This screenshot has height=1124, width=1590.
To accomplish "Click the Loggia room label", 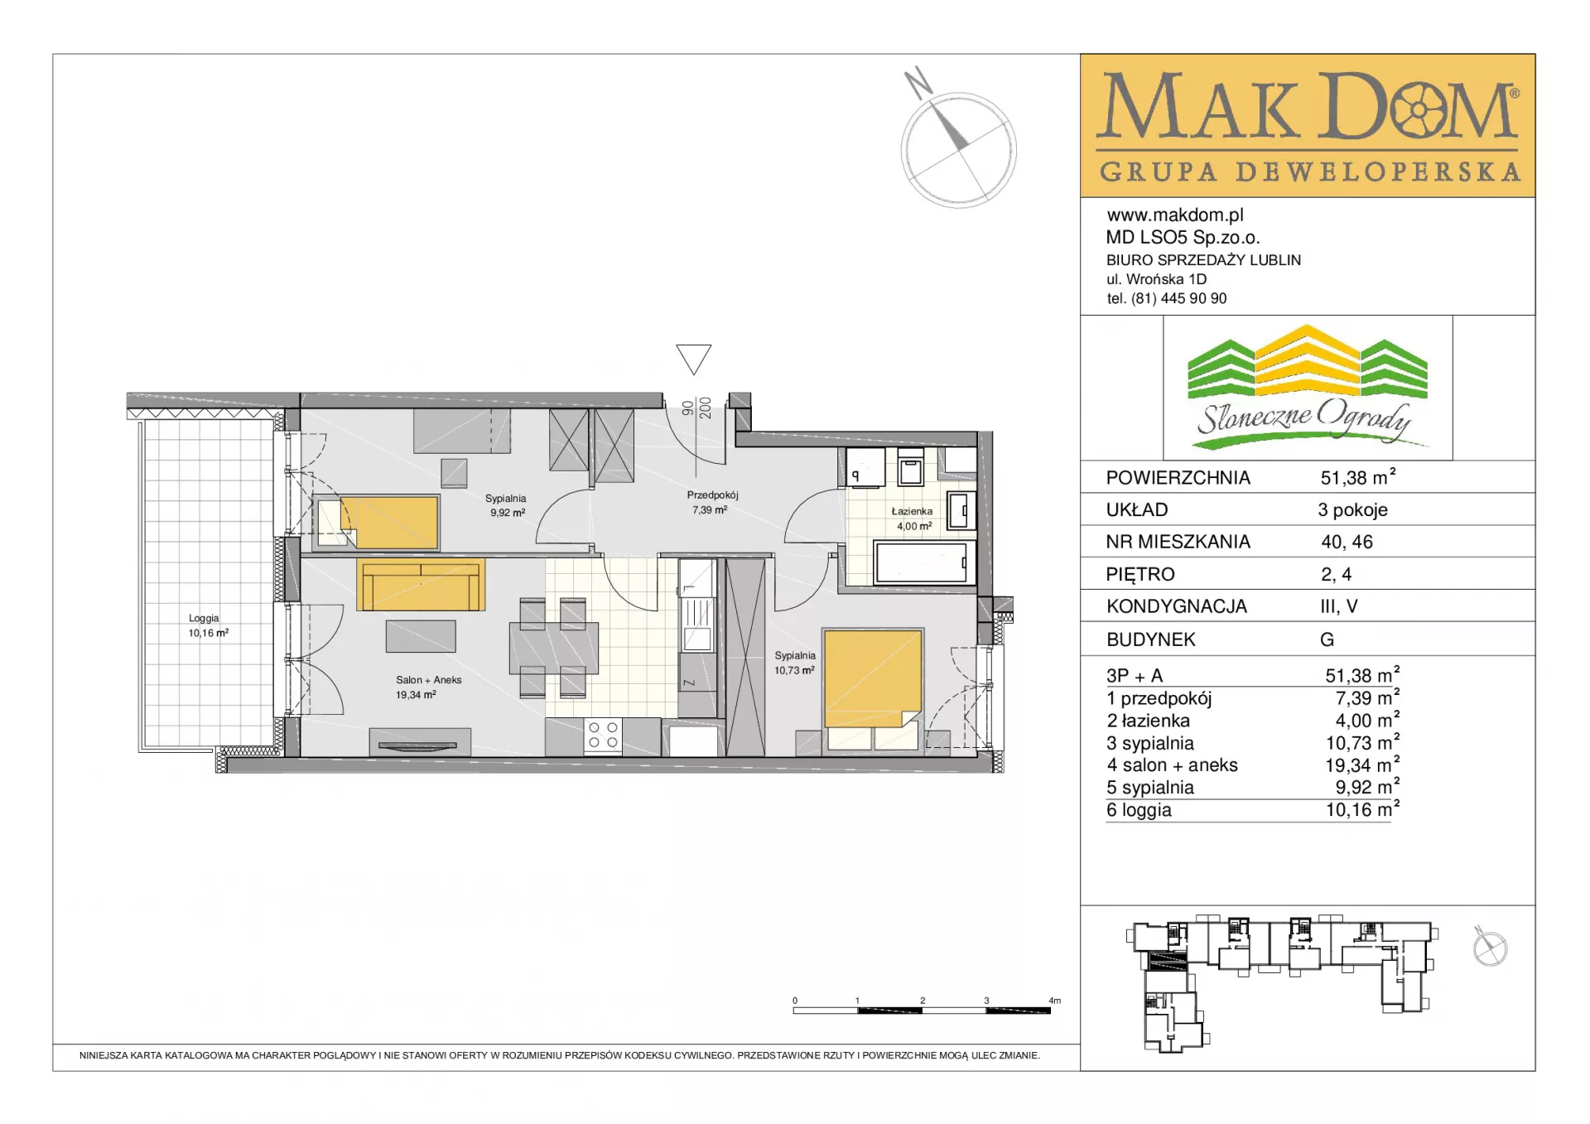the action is coord(204,618).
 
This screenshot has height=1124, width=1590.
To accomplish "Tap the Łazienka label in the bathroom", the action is coord(912,511).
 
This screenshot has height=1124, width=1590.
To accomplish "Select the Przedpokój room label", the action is coord(712,495).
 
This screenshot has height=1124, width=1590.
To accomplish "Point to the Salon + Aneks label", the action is coord(428,680).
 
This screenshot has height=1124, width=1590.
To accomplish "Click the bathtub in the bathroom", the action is coord(922,562).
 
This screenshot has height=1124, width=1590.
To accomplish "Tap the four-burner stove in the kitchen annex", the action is coord(602,736).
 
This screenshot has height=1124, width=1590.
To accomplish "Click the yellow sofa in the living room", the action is coord(421,585).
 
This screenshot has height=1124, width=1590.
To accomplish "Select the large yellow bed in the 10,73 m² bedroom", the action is coord(873,679).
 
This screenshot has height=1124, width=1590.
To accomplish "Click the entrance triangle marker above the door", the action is coord(694,359).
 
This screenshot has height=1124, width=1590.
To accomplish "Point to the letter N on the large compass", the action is coord(918,82).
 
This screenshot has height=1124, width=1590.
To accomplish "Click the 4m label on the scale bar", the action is coord(1054,1001).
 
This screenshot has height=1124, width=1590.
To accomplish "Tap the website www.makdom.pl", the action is coord(1175,215).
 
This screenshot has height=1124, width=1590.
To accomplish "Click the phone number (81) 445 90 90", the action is coord(1179,298).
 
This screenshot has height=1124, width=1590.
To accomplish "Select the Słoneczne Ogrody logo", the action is coord(1308,387).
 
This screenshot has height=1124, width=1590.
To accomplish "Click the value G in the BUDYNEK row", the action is coord(1327,639).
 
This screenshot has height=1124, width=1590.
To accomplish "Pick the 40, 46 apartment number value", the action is coord(1347,542).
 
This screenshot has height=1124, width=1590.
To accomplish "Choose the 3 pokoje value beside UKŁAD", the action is coord(1353,510).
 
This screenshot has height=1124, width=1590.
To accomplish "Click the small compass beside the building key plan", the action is coord(1490,947).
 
